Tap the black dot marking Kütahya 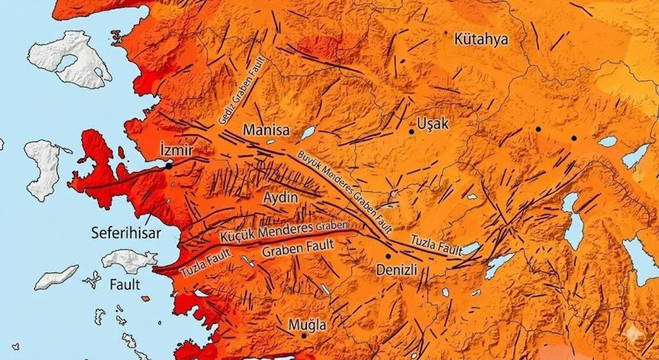[x=447, y=33]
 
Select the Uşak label [x=432, y=125]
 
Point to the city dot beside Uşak [x=411, y=131]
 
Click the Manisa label [x=265, y=129]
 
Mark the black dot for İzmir [x=170, y=165]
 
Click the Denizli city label [x=397, y=271]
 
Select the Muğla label [x=308, y=325]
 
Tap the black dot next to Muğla [x=303, y=335]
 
